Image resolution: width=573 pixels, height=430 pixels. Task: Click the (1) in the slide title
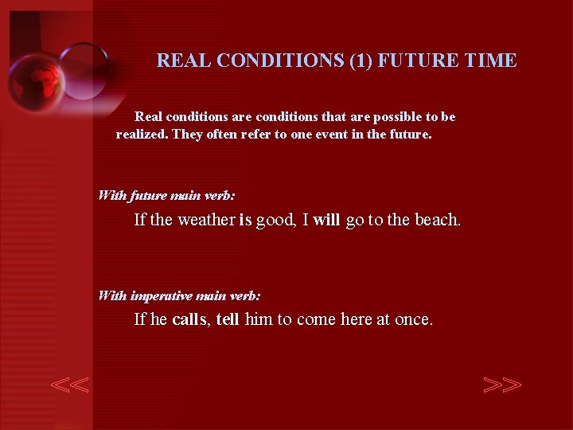point(362,61)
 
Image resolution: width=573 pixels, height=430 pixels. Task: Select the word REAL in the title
point(184,61)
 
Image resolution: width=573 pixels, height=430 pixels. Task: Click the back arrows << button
point(70,385)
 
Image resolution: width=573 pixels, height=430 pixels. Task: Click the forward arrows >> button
point(502,385)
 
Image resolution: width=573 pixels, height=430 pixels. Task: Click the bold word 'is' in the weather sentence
point(245,220)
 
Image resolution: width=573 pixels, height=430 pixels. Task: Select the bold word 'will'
point(326,220)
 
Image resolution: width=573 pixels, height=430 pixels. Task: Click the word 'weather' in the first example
point(206,220)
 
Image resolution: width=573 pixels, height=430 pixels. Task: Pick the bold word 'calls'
point(189,320)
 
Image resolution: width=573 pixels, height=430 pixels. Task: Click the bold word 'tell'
point(228,320)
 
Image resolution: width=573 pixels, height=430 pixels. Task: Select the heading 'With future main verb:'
point(166,195)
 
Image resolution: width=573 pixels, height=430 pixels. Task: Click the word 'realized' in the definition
point(141,135)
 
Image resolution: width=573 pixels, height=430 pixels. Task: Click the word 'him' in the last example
point(259,320)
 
